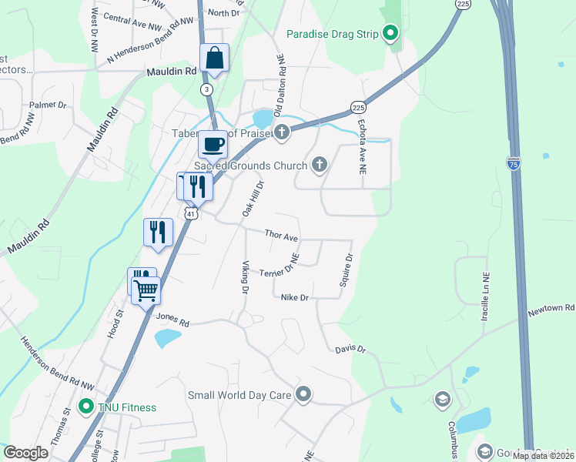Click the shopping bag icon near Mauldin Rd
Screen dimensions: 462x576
coord(214,58)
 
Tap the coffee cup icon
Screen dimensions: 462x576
coord(213,143)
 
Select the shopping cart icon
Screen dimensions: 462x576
coord(145,291)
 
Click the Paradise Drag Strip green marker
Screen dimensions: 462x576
coord(390,33)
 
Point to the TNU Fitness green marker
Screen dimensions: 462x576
coord(85,407)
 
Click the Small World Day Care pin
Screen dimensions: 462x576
coord(303,395)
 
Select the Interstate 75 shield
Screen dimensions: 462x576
coord(514,163)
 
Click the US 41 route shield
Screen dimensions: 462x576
coord(190,213)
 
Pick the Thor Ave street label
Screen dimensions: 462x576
coord(281,235)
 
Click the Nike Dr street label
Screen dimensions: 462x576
coord(294,298)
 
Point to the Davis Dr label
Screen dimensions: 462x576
coord(350,350)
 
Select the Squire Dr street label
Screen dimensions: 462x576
coord(347,270)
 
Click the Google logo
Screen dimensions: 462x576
coord(25,453)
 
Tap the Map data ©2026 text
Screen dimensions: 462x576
coord(543,456)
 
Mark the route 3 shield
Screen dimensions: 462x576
coord(206,89)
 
